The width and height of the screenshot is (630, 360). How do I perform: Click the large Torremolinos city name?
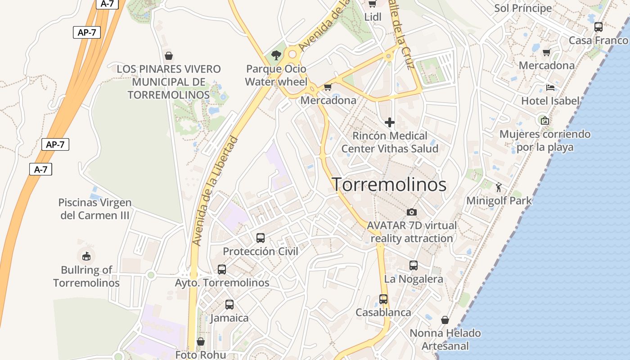click(389, 184)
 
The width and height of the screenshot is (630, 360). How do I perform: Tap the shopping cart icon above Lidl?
click(372, 4)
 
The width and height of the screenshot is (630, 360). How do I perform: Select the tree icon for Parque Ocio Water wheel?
click(276, 55)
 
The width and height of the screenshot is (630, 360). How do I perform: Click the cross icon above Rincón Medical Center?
click(390, 122)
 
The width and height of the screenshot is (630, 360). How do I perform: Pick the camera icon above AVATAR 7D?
click(411, 212)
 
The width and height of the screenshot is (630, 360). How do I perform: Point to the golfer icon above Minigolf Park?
click(499, 187)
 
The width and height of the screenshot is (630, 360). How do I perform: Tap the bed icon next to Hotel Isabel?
click(550, 87)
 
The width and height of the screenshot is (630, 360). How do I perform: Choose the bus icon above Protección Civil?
click(261, 238)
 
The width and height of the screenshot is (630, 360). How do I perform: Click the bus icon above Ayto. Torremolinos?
click(222, 269)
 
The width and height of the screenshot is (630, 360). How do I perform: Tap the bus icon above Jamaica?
click(229, 304)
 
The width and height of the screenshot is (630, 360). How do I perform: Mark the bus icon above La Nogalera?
click(414, 265)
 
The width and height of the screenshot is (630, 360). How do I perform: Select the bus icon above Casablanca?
click(383, 299)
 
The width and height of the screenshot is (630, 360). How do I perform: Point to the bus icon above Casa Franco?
click(598, 27)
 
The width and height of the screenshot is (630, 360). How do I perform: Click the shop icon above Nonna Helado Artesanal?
click(445, 320)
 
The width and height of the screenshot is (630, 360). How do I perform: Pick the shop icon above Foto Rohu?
click(201, 342)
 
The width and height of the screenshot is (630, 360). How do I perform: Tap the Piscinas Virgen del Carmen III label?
click(95, 209)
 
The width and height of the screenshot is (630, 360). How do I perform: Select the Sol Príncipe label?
click(523, 8)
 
